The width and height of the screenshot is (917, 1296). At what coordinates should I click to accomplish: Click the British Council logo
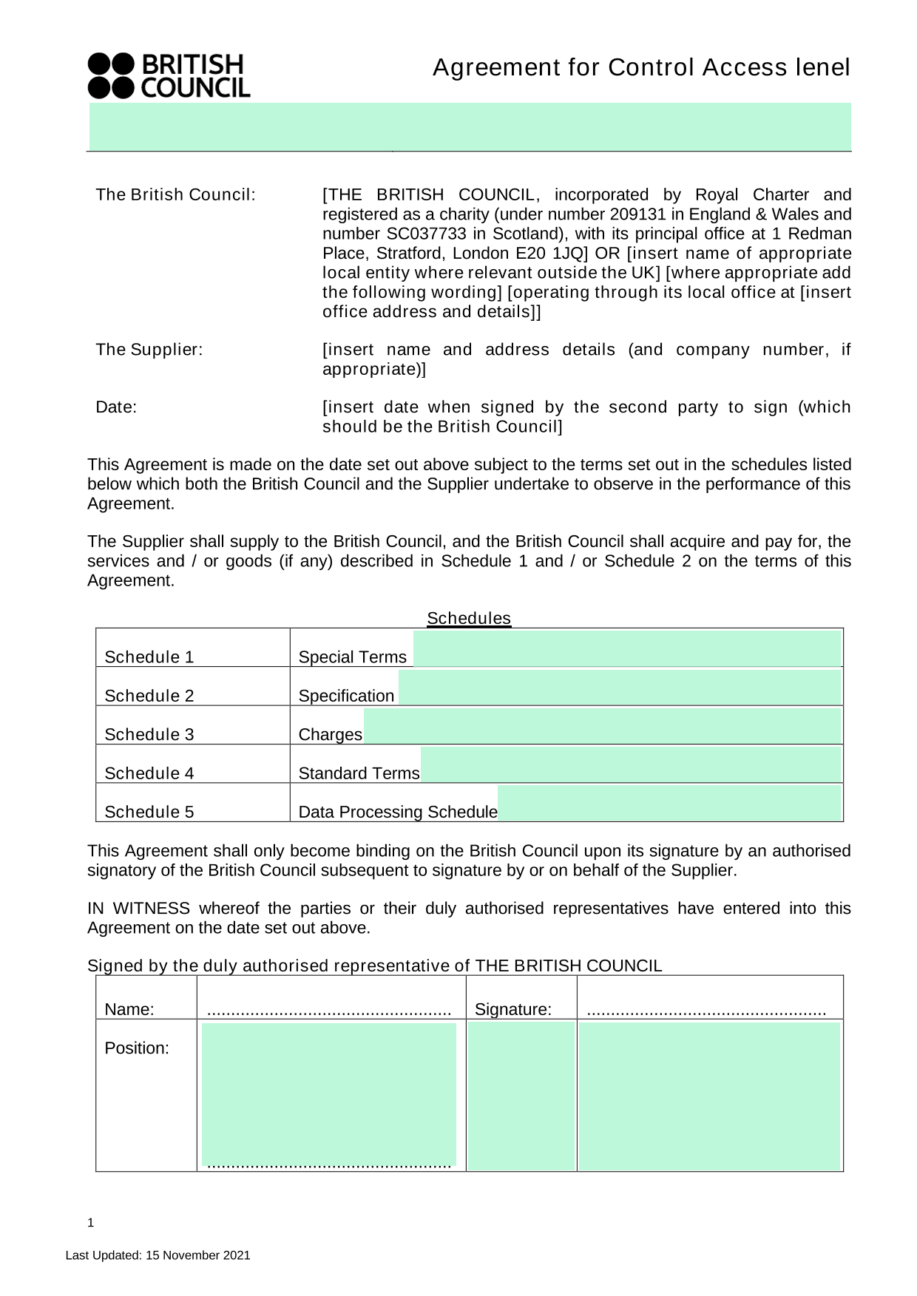(169, 75)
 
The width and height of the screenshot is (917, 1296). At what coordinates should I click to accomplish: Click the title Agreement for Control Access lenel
(641, 67)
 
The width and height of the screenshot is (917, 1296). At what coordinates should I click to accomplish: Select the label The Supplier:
(149, 350)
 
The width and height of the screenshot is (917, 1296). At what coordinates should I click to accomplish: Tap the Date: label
(116, 407)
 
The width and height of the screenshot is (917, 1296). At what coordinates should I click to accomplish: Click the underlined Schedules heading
(469, 618)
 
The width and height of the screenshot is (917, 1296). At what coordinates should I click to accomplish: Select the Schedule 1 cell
(149, 657)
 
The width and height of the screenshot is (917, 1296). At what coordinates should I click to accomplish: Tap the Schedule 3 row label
(149, 734)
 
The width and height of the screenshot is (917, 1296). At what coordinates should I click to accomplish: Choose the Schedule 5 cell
(149, 812)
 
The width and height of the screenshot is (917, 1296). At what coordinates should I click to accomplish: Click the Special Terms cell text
(352, 657)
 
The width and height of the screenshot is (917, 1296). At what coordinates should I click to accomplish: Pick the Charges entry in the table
(330, 734)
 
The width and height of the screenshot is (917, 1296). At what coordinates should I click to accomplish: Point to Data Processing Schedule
(398, 812)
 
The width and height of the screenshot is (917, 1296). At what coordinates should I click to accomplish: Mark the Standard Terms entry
(359, 773)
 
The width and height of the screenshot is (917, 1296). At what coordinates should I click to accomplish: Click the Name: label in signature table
(129, 1010)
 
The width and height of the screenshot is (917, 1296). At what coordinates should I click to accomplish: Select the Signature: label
(513, 1010)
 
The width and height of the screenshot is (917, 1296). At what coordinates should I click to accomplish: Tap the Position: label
(137, 1048)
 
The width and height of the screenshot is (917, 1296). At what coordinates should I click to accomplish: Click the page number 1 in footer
(91, 1223)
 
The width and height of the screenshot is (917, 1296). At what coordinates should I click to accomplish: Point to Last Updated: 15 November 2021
(158, 1255)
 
